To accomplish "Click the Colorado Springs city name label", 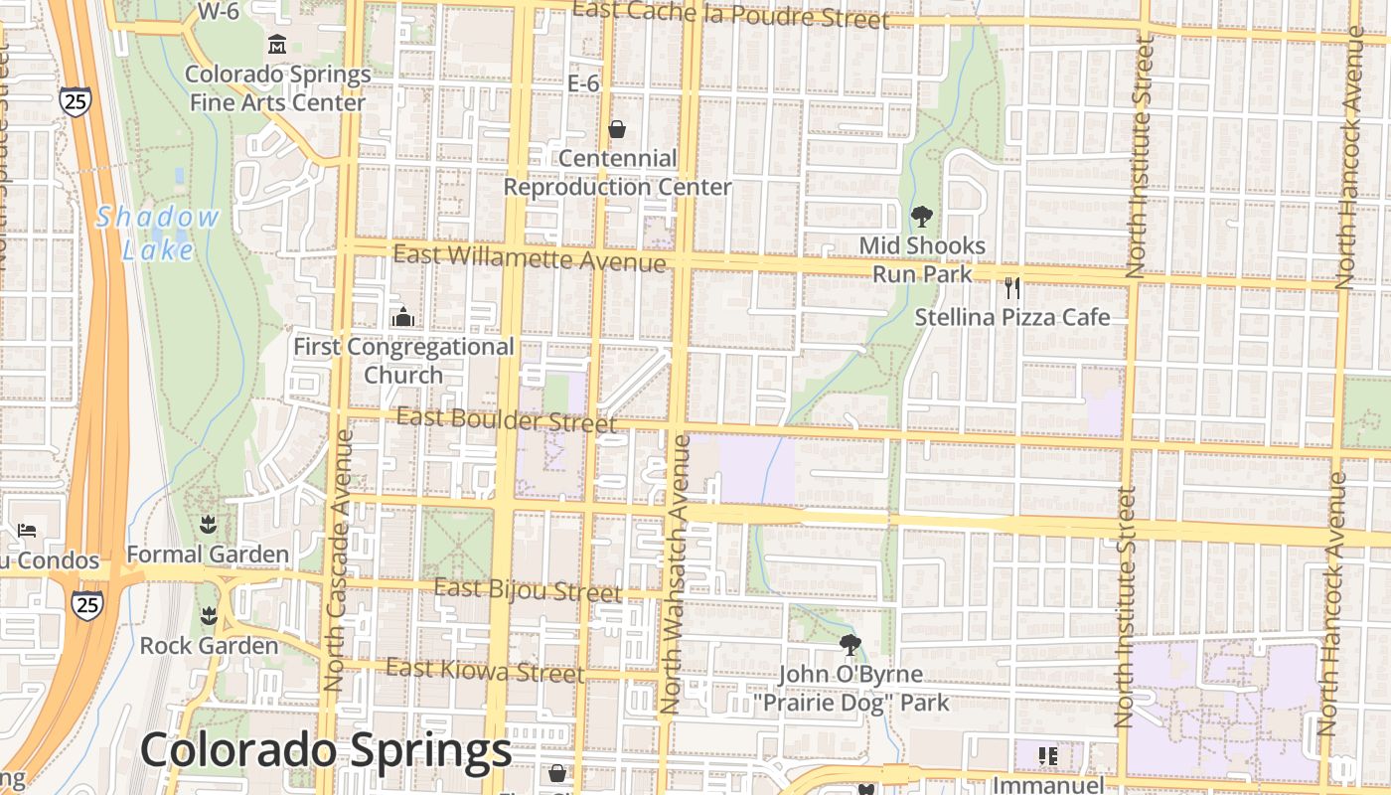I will click(326, 751).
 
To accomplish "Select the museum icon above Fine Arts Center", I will click(277, 45).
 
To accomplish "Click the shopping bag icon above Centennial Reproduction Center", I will click(617, 129).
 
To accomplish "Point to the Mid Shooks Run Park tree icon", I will click(922, 216).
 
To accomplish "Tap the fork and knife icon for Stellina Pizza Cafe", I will click(1012, 288).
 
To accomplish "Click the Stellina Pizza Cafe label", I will click(1012, 318).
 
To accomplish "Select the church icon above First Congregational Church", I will click(403, 317).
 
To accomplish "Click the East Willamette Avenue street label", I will click(530, 257).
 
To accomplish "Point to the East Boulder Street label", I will click(507, 419).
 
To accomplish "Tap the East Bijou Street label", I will click(529, 590).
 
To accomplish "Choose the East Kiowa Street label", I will click(486, 671).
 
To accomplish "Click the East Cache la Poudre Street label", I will click(731, 15).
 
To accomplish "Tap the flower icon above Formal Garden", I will click(208, 524).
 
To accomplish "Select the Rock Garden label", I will click(209, 646).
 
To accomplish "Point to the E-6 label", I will click(583, 83).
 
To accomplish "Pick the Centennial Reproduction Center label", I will click(618, 172).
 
